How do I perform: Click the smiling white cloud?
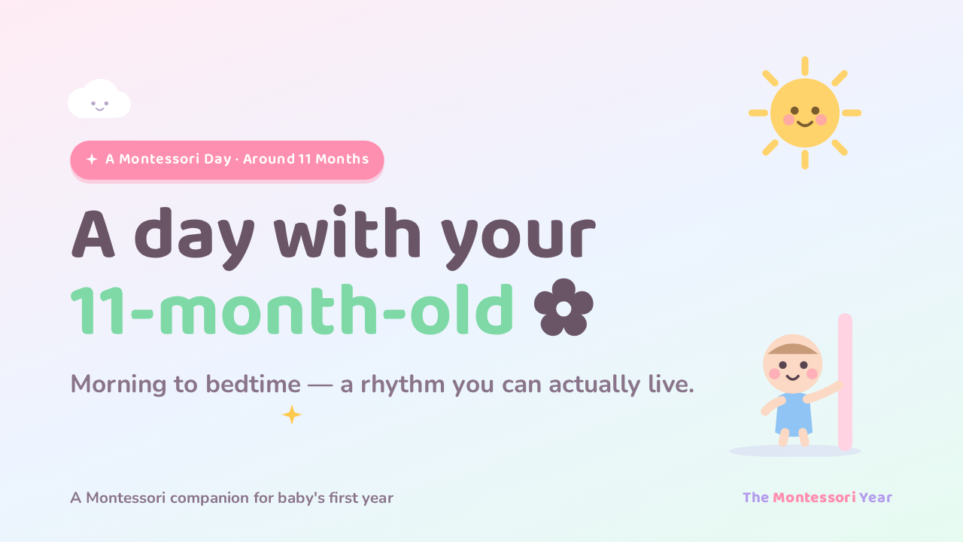point(99,99)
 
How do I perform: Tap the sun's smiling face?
point(805,113)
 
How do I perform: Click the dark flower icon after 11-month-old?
point(564,307)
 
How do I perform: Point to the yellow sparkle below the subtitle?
point(292,415)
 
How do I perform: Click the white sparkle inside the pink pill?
point(92,159)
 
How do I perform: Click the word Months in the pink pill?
point(342,159)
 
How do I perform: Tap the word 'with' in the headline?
point(348,233)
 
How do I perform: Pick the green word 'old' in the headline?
point(462,309)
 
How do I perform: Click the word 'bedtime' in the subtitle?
point(253,384)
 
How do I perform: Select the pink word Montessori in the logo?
point(814,498)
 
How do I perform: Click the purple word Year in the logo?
point(876,498)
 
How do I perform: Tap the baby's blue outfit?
point(794,413)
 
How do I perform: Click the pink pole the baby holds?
point(845,382)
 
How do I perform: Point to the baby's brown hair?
point(793,349)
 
